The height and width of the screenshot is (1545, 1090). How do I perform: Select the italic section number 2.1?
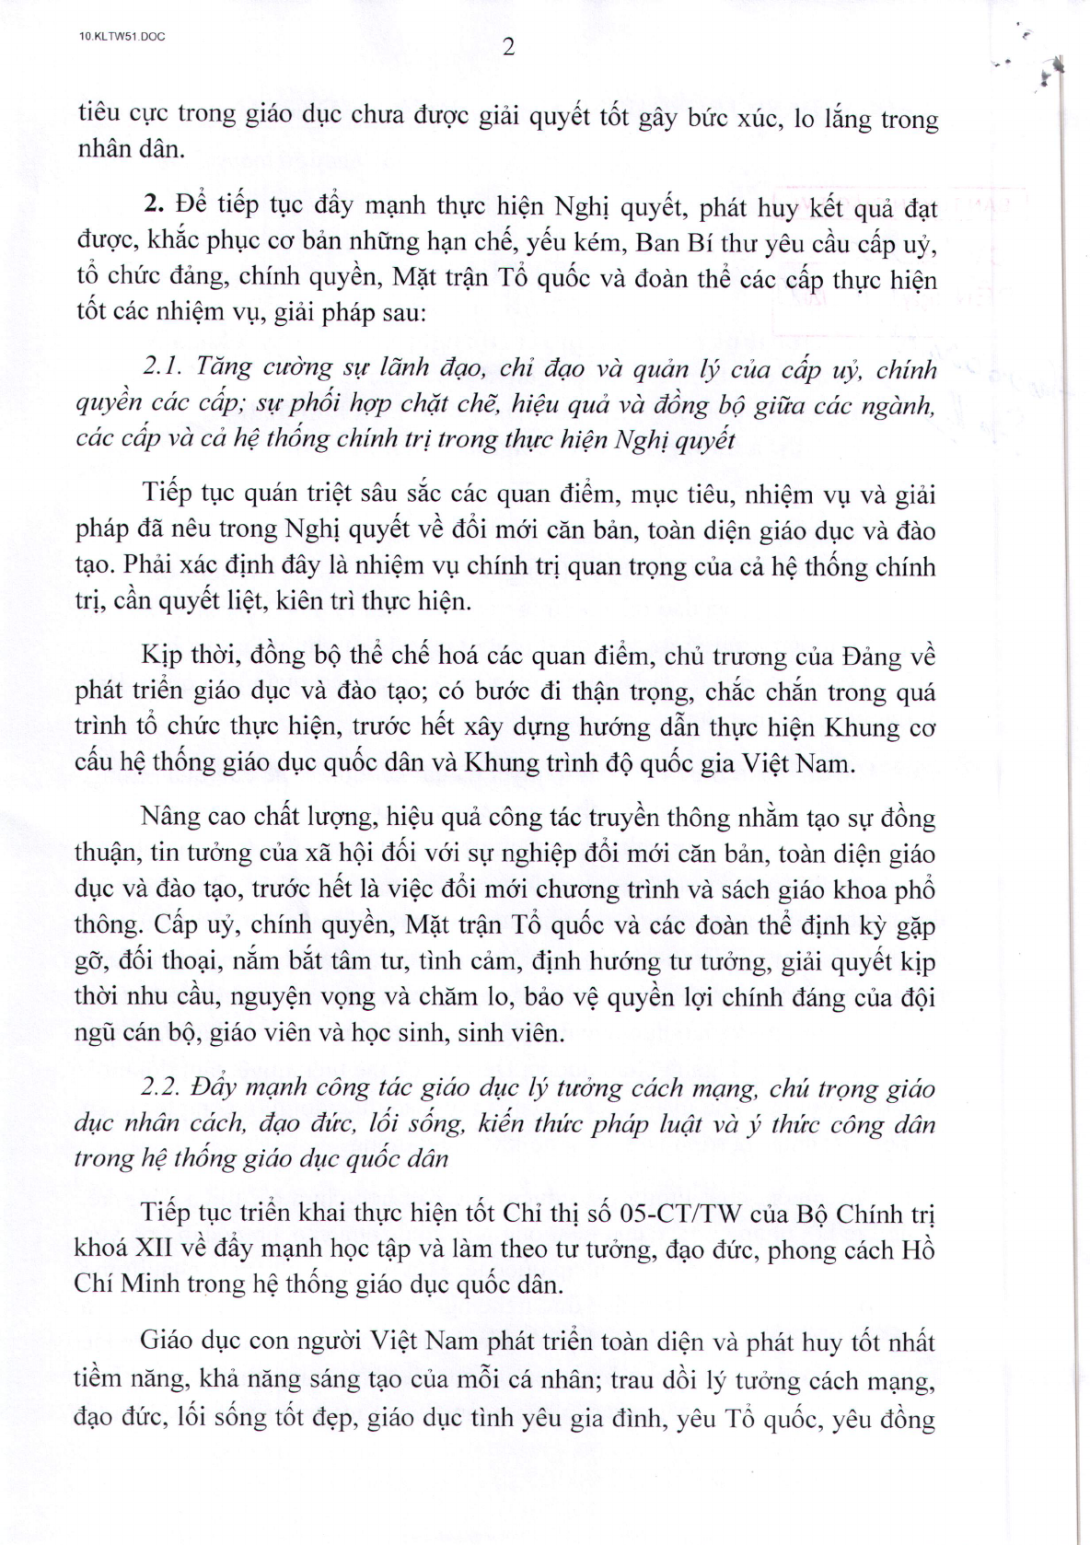166,367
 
